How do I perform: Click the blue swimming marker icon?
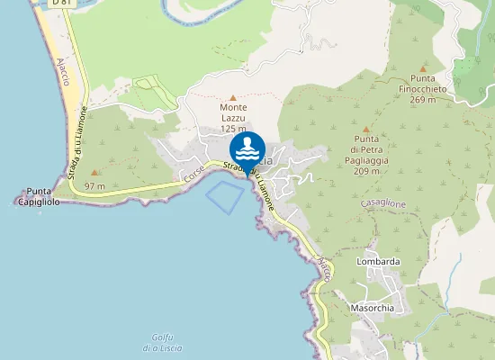click(x=247, y=148)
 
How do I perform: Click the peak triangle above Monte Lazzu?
click(x=233, y=97)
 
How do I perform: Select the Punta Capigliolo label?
click(x=39, y=197)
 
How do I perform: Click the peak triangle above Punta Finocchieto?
click(x=423, y=67)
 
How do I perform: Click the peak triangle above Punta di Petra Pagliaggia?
click(x=365, y=129)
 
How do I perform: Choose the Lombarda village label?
click(x=378, y=262)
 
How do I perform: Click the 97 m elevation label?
click(x=94, y=186)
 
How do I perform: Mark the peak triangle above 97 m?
click(x=94, y=172)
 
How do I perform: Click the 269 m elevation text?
click(x=423, y=100)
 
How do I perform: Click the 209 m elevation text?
click(x=365, y=171)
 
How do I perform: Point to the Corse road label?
click(x=194, y=175)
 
